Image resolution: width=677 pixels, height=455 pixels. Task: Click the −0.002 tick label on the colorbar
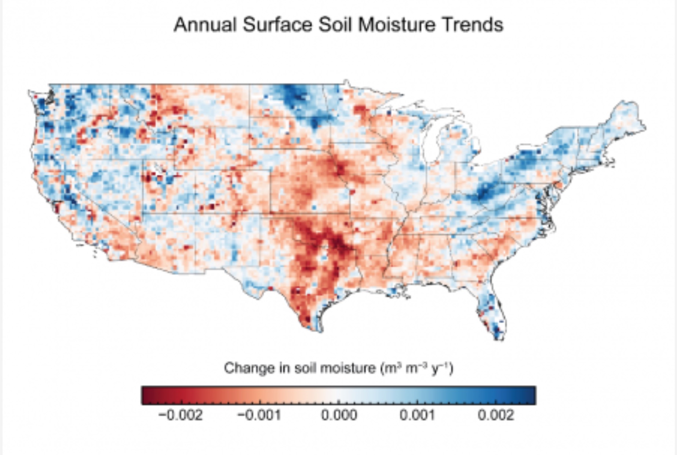tap(180, 416)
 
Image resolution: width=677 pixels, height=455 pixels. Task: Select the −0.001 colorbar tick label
tap(259, 416)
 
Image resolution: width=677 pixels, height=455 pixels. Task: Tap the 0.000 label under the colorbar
tap(339, 416)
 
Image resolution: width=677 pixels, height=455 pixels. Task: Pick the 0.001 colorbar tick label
tap(417, 416)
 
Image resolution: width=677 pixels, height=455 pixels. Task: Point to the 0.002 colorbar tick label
tap(496, 416)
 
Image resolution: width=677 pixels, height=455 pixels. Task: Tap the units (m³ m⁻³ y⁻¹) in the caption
tap(416, 368)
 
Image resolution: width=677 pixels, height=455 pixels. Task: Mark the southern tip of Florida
tap(498, 338)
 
